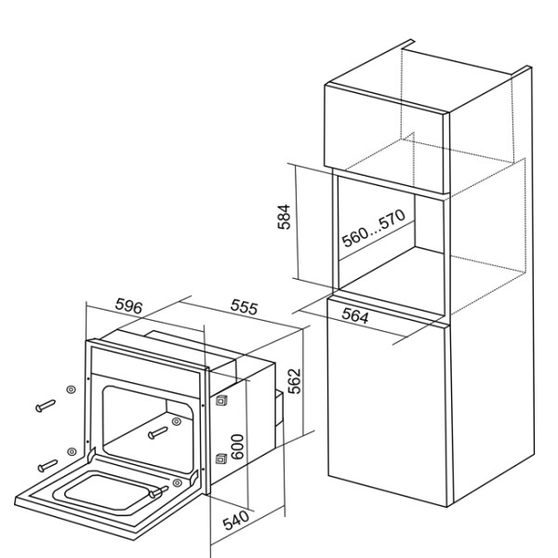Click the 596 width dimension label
coord(129,306)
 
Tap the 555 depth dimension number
coord(244,306)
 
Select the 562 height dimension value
coord(295,381)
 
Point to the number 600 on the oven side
coord(237,446)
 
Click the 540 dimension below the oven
coord(236,520)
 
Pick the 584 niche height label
coord(285,217)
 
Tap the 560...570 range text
coord(374,228)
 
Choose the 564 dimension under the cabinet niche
coord(355,315)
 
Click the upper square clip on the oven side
coord(221,400)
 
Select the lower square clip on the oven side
coord(221,458)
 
